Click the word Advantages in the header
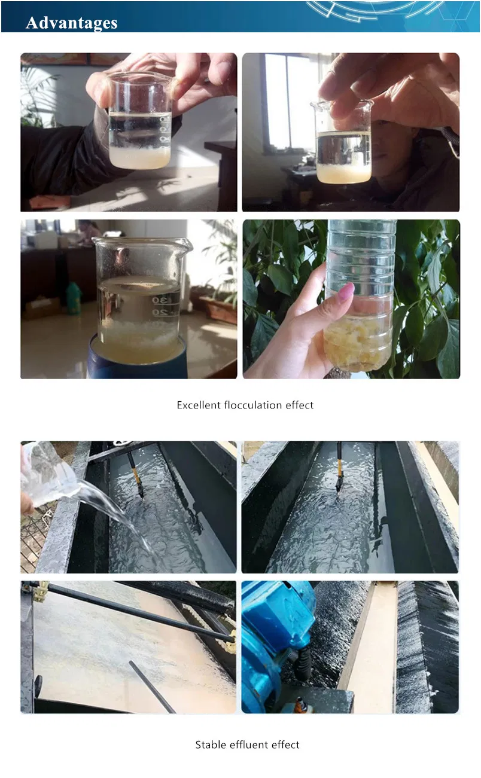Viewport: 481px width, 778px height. [x=72, y=23]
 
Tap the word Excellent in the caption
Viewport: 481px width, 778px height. [x=199, y=405]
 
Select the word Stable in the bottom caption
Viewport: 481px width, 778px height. [x=208, y=745]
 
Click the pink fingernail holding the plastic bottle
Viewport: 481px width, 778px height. [x=346, y=291]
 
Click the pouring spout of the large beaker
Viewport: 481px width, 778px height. [x=186, y=245]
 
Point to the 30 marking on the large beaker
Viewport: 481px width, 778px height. [x=160, y=300]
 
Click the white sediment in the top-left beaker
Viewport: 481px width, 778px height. [x=140, y=157]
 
